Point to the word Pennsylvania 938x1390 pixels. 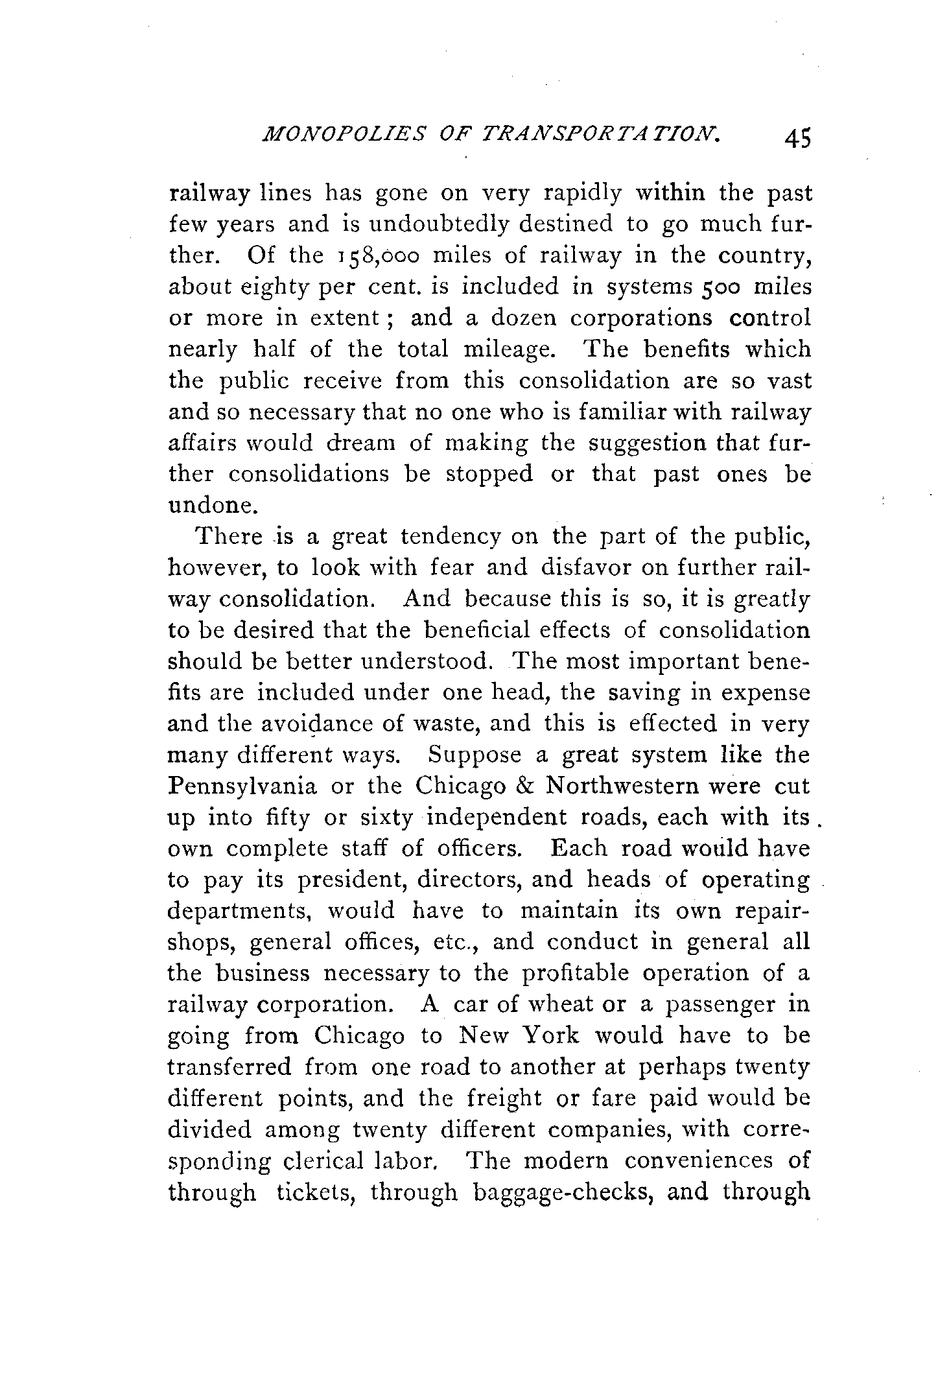click(x=242, y=787)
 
